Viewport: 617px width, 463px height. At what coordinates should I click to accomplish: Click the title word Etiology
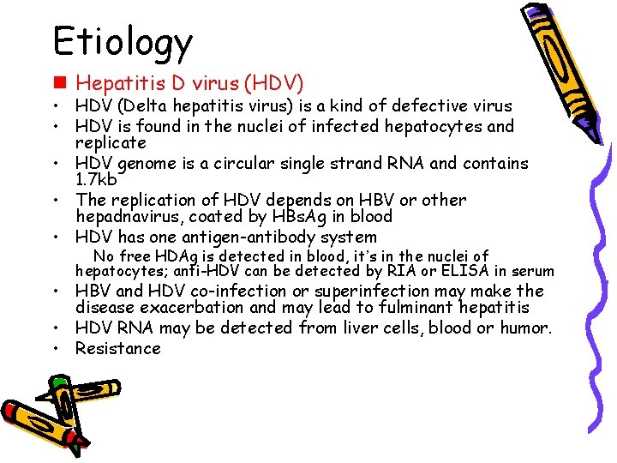[123, 40]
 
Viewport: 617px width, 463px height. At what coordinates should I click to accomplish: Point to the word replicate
[111, 142]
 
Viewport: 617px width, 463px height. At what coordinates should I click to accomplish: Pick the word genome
[146, 163]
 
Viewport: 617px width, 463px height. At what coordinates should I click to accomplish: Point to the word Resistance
[118, 348]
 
